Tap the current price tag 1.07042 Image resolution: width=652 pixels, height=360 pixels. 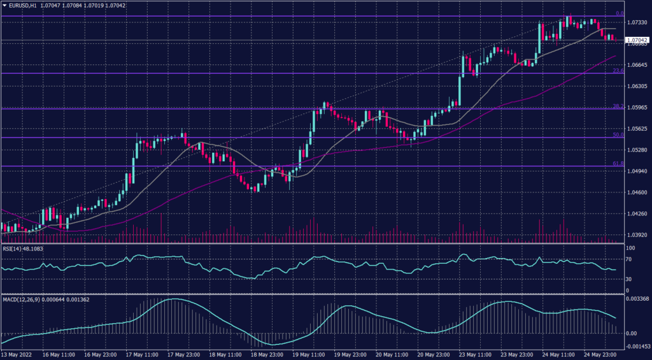(637, 40)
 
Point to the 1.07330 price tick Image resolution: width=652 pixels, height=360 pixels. (637, 22)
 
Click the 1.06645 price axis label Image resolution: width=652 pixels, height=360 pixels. (637, 65)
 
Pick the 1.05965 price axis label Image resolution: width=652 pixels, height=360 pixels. (637, 108)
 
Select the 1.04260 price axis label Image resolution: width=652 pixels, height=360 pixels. (637, 213)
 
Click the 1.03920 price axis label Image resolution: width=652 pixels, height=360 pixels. (637, 235)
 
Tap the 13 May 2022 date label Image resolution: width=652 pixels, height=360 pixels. (17, 355)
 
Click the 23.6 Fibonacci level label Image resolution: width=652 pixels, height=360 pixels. (618, 71)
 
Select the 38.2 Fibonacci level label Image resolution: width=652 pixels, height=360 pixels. (618, 106)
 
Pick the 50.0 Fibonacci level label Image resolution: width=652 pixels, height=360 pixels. (618, 135)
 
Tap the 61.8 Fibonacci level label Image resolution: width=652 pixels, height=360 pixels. (618, 164)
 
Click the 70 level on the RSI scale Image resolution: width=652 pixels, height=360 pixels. (628, 260)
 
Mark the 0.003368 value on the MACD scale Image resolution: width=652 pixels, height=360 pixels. (637, 298)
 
